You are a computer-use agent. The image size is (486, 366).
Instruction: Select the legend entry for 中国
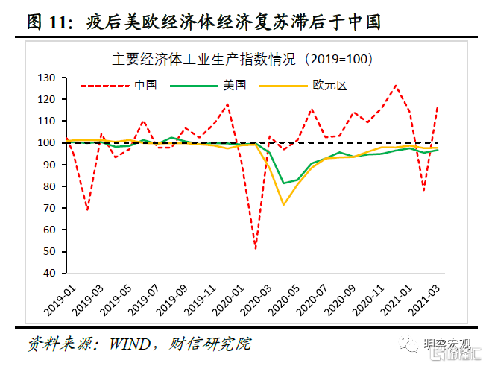pyautogui.click(x=145, y=86)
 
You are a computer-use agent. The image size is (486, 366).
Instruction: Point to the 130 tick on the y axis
pyautogui.click(x=47, y=78)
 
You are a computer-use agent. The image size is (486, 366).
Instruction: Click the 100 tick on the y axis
pyautogui.click(x=47, y=142)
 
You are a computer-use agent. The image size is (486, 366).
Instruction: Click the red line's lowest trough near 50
pyautogui.click(x=256, y=249)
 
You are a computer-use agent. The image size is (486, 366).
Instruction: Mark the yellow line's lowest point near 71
pyautogui.click(x=283, y=204)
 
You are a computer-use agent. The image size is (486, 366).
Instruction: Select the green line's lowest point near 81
pyautogui.click(x=283, y=183)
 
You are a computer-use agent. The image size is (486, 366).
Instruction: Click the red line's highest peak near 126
pyautogui.click(x=396, y=86)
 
